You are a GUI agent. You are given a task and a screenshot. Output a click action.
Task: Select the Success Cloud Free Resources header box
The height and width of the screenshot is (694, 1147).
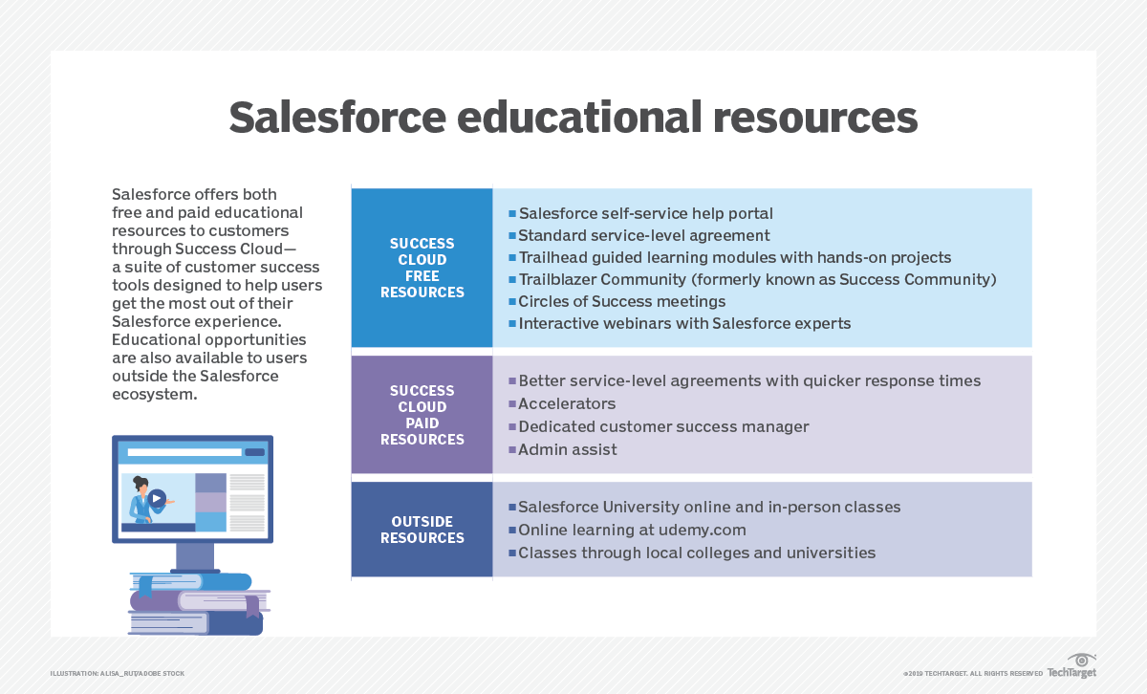(x=422, y=268)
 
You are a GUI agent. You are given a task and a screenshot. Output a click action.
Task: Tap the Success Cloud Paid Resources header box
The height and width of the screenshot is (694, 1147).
(x=422, y=415)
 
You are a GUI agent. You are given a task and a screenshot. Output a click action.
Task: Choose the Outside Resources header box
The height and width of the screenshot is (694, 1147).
(x=422, y=530)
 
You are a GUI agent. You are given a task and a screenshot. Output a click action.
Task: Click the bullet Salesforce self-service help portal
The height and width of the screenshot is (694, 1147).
(x=645, y=213)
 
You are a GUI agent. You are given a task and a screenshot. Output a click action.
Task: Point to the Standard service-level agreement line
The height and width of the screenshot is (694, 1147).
(x=643, y=235)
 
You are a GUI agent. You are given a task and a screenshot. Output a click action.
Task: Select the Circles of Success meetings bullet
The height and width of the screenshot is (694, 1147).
(x=621, y=301)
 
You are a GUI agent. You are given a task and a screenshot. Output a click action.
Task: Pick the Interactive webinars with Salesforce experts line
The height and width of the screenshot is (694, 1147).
(x=683, y=323)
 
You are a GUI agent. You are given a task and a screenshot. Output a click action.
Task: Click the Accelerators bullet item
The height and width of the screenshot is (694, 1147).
(x=567, y=403)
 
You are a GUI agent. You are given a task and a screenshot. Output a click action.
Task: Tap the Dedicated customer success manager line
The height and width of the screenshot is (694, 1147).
(x=663, y=426)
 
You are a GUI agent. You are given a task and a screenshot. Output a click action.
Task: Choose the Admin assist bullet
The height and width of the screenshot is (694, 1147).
(x=567, y=449)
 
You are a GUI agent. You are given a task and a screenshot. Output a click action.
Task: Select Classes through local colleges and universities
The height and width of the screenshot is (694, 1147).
(x=696, y=553)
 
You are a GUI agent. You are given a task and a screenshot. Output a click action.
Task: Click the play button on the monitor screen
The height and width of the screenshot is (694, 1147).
(x=157, y=498)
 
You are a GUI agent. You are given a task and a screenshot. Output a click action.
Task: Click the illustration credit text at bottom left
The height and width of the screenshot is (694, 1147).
(x=118, y=674)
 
